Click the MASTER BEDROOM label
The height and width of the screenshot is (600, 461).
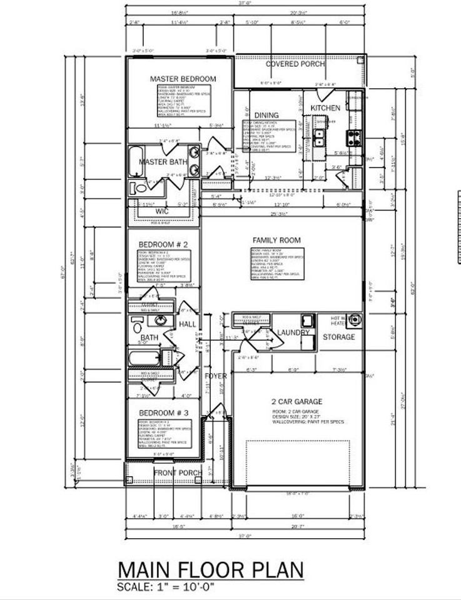click(183, 79)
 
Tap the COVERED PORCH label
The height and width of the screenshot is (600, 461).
click(295, 64)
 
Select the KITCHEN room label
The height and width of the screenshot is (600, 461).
click(325, 108)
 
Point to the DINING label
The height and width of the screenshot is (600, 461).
click(266, 116)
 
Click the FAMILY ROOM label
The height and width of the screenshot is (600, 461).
click(276, 240)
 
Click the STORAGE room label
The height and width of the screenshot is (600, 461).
click(338, 337)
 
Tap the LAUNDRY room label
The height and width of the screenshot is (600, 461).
click(293, 332)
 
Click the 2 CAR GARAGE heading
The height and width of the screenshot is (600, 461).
click(297, 401)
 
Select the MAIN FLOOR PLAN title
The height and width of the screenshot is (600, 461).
click(211, 570)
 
